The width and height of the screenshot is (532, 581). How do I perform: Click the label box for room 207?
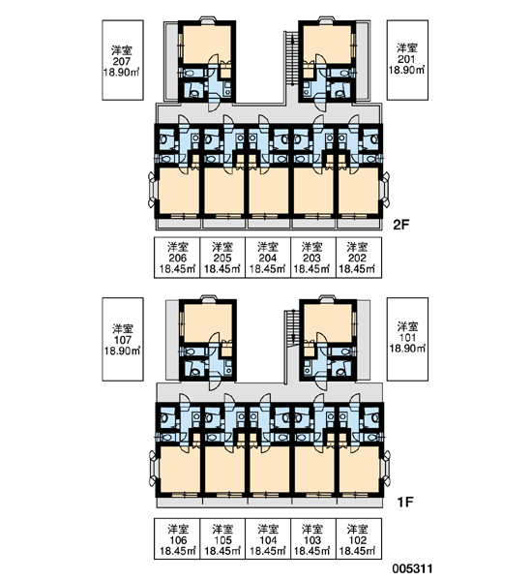point(123,60)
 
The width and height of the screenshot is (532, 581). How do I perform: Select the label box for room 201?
point(407,60)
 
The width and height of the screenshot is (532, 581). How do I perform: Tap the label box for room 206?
point(177,258)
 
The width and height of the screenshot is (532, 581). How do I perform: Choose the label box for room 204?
point(268,258)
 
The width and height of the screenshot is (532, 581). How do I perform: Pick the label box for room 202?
point(358,258)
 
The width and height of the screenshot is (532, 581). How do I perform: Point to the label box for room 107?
point(123,339)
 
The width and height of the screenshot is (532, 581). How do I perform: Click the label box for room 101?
point(407,339)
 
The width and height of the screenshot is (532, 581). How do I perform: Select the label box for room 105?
point(222,538)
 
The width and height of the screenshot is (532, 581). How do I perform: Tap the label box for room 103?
point(313,538)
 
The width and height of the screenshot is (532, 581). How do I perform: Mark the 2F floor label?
point(401,225)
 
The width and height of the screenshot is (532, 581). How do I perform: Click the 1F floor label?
point(404,502)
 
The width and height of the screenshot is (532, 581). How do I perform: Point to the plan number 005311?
point(412,568)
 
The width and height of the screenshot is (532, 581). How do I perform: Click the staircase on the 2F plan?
point(292,58)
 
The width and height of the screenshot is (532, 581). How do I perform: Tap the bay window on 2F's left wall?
point(153,189)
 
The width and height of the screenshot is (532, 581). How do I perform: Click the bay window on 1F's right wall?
point(387,468)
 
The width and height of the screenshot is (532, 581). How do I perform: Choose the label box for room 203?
point(313,258)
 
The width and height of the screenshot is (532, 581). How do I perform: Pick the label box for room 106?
point(177,538)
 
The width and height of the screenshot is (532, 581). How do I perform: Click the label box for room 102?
point(358,538)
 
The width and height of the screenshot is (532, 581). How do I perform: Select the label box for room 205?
point(222,258)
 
